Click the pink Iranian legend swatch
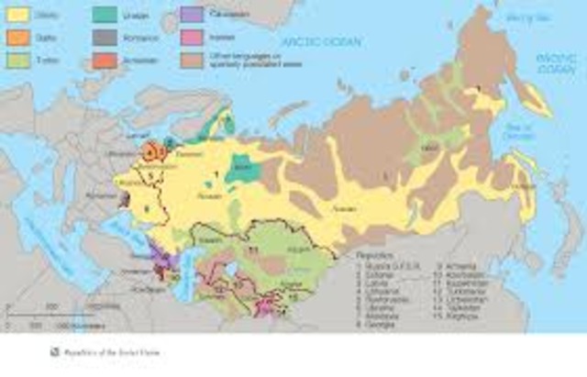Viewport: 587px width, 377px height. [x=192, y=38]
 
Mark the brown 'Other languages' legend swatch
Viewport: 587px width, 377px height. [x=192, y=60]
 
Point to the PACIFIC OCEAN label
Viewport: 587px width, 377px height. [x=554, y=62]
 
